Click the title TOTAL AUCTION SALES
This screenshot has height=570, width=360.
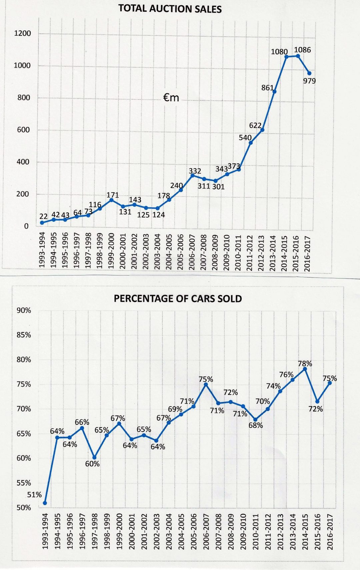click(x=170, y=8)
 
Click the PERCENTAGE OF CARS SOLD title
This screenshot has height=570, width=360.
click(x=178, y=298)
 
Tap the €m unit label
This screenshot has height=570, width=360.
click(x=171, y=97)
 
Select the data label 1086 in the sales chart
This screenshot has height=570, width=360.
click(x=302, y=50)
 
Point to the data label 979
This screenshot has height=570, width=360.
click(x=309, y=81)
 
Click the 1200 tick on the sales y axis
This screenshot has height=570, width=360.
click(x=22, y=33)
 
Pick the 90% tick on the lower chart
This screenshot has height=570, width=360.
click(x=24, y=310)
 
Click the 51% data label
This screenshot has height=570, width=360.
click(x=34, y=495)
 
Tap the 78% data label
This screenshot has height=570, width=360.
click(x=305, y=363)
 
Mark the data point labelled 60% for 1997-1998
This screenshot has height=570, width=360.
click(x=94, y=457)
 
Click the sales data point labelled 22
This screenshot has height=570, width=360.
click(x=42, y=222)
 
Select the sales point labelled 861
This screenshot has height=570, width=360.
click(x=274, y=91)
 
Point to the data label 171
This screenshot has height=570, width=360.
click(x=113, y=195)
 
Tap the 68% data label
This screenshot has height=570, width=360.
click(x=256, y=425)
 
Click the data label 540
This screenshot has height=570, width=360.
click(x=245, y=137)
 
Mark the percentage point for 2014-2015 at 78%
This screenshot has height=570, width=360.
click(x=305, y=369)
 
